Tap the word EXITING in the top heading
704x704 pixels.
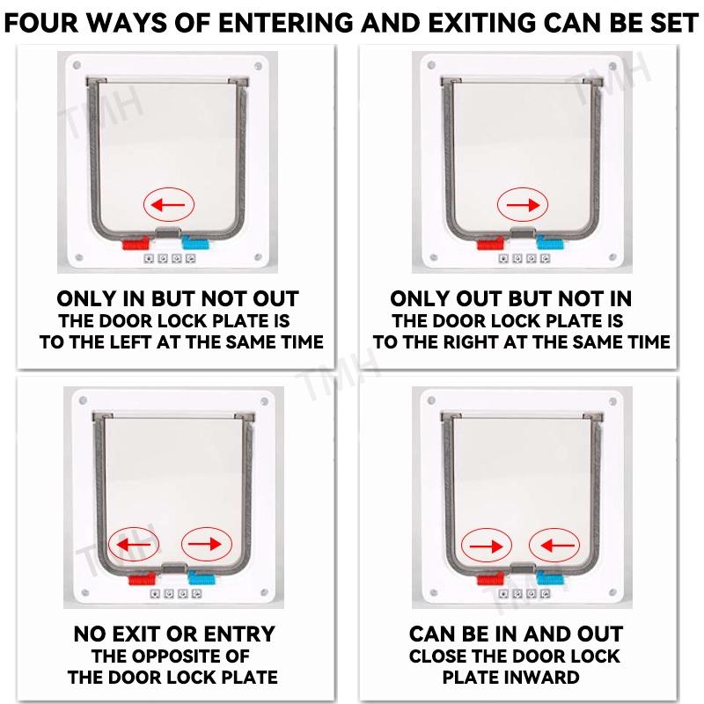[x=481, y=23]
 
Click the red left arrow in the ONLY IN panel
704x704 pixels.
[x=168, y=205]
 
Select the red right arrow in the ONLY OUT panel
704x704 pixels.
[x=523, y=205]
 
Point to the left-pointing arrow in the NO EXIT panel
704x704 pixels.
[x=133, y=544]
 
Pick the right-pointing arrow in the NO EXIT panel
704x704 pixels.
[x=205, y=544]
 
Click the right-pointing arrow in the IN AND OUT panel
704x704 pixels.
[x=487, y=546]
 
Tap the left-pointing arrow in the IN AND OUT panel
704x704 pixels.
[x=558, y=546]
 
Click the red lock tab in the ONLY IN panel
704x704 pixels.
[x=136, y=244]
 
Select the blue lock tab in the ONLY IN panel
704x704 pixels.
[x=195, y=244]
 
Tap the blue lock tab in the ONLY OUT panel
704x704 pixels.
[x=550, y=243]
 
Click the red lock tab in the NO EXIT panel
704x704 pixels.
[x=142, y=579]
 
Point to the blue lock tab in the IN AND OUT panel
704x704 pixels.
[x=550, y=578]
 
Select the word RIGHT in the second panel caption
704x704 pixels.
[x=470, y=342]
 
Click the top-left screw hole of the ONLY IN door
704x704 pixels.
[x=77, y=65]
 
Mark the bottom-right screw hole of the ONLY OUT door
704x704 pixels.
[x=612, y=257]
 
